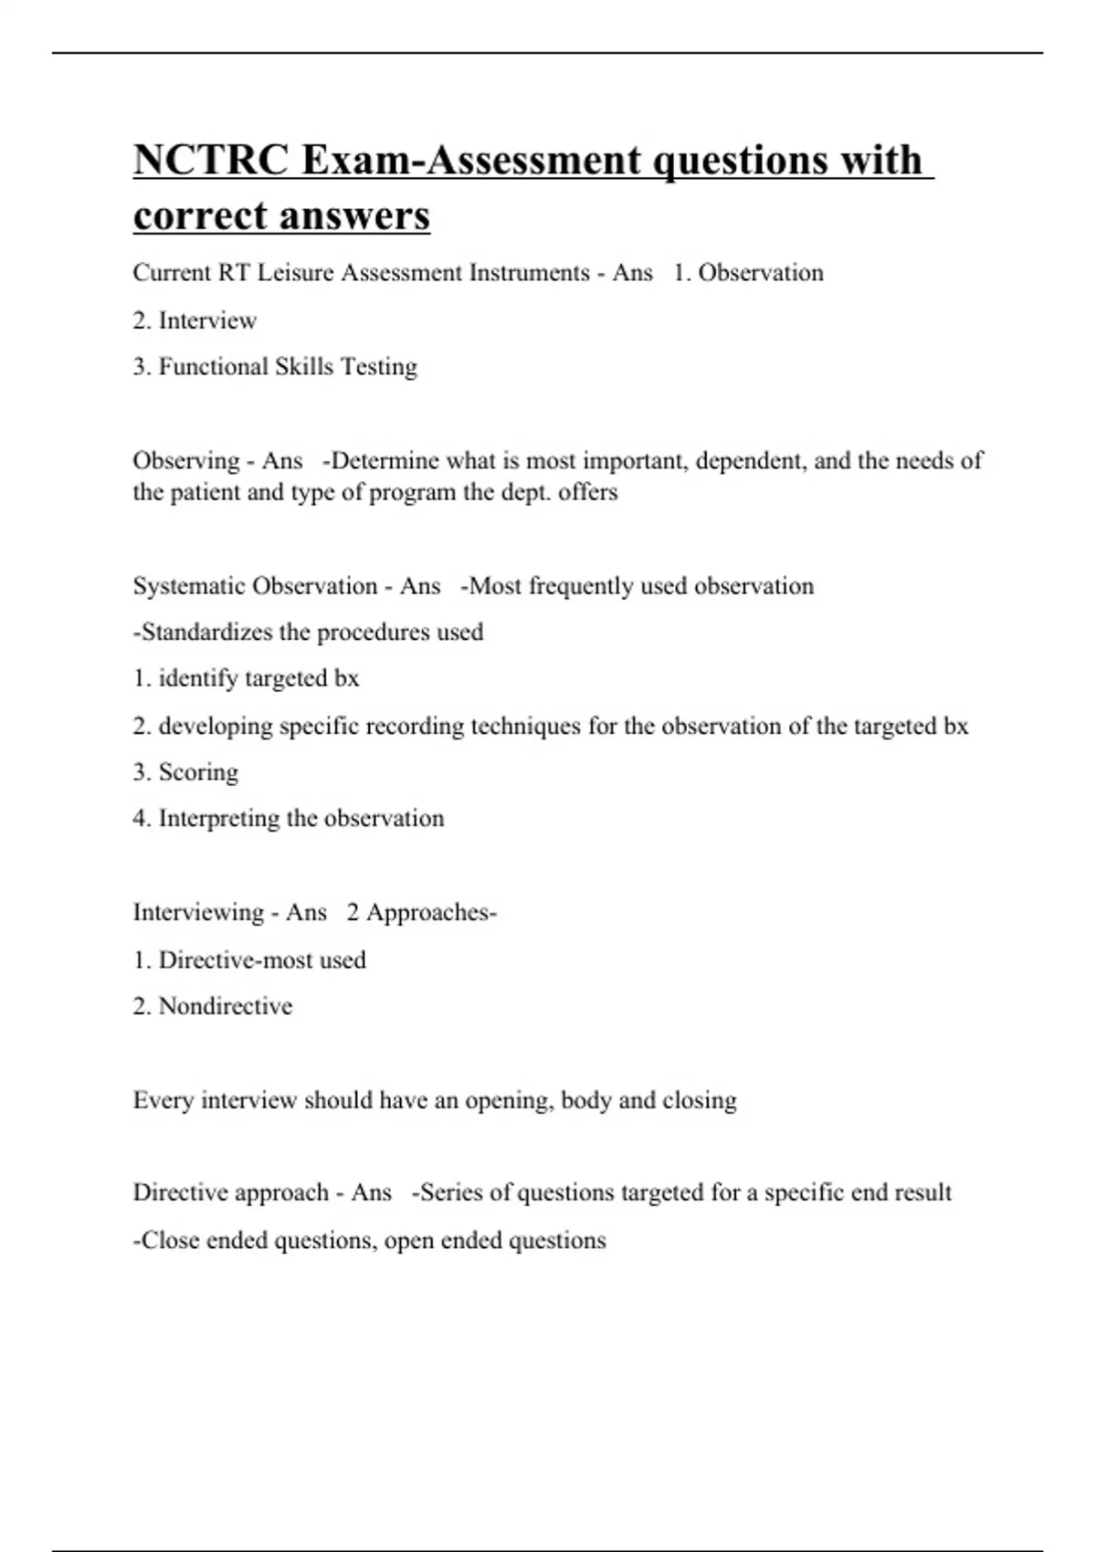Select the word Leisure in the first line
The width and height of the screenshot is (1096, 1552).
(295, 273)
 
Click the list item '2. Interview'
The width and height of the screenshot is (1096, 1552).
(195, 320)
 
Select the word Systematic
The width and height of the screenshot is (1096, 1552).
(190, 586)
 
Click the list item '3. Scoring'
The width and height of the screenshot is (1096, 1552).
(185, 772)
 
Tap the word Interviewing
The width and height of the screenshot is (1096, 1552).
(198, 913)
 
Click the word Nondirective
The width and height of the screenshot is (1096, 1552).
(226, 1006)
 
